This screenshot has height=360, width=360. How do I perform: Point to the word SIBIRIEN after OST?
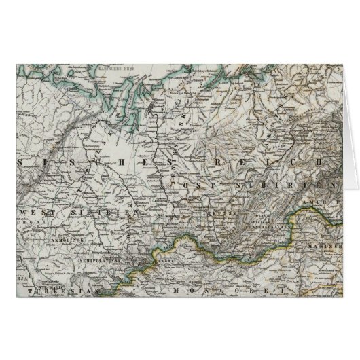292,185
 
